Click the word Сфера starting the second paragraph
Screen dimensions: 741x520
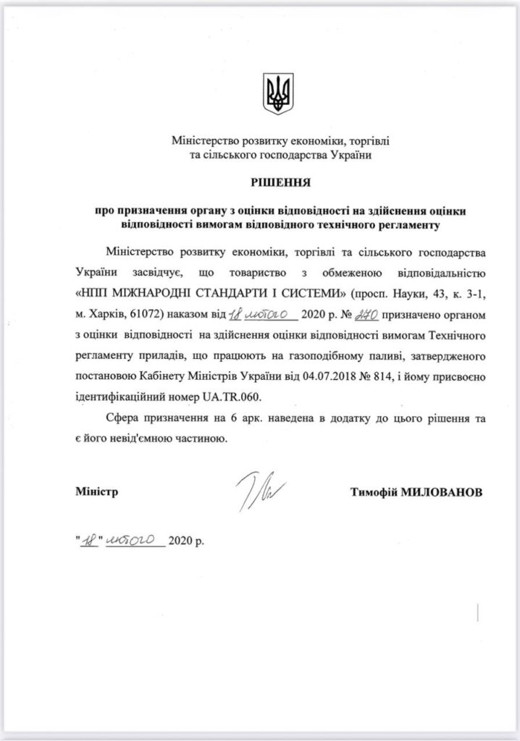pos(121,418)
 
